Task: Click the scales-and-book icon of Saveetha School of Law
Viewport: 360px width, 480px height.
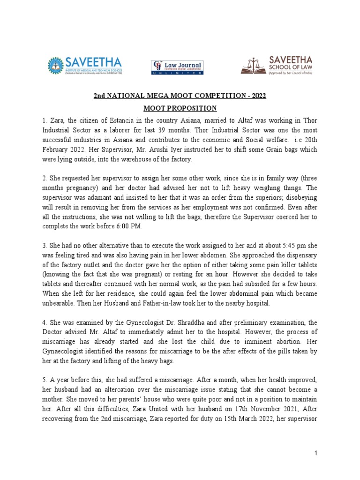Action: pyautogui.click(x=253, y=66)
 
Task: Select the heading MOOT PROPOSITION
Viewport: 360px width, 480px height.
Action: pyautogui.click(x=180, y=108)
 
